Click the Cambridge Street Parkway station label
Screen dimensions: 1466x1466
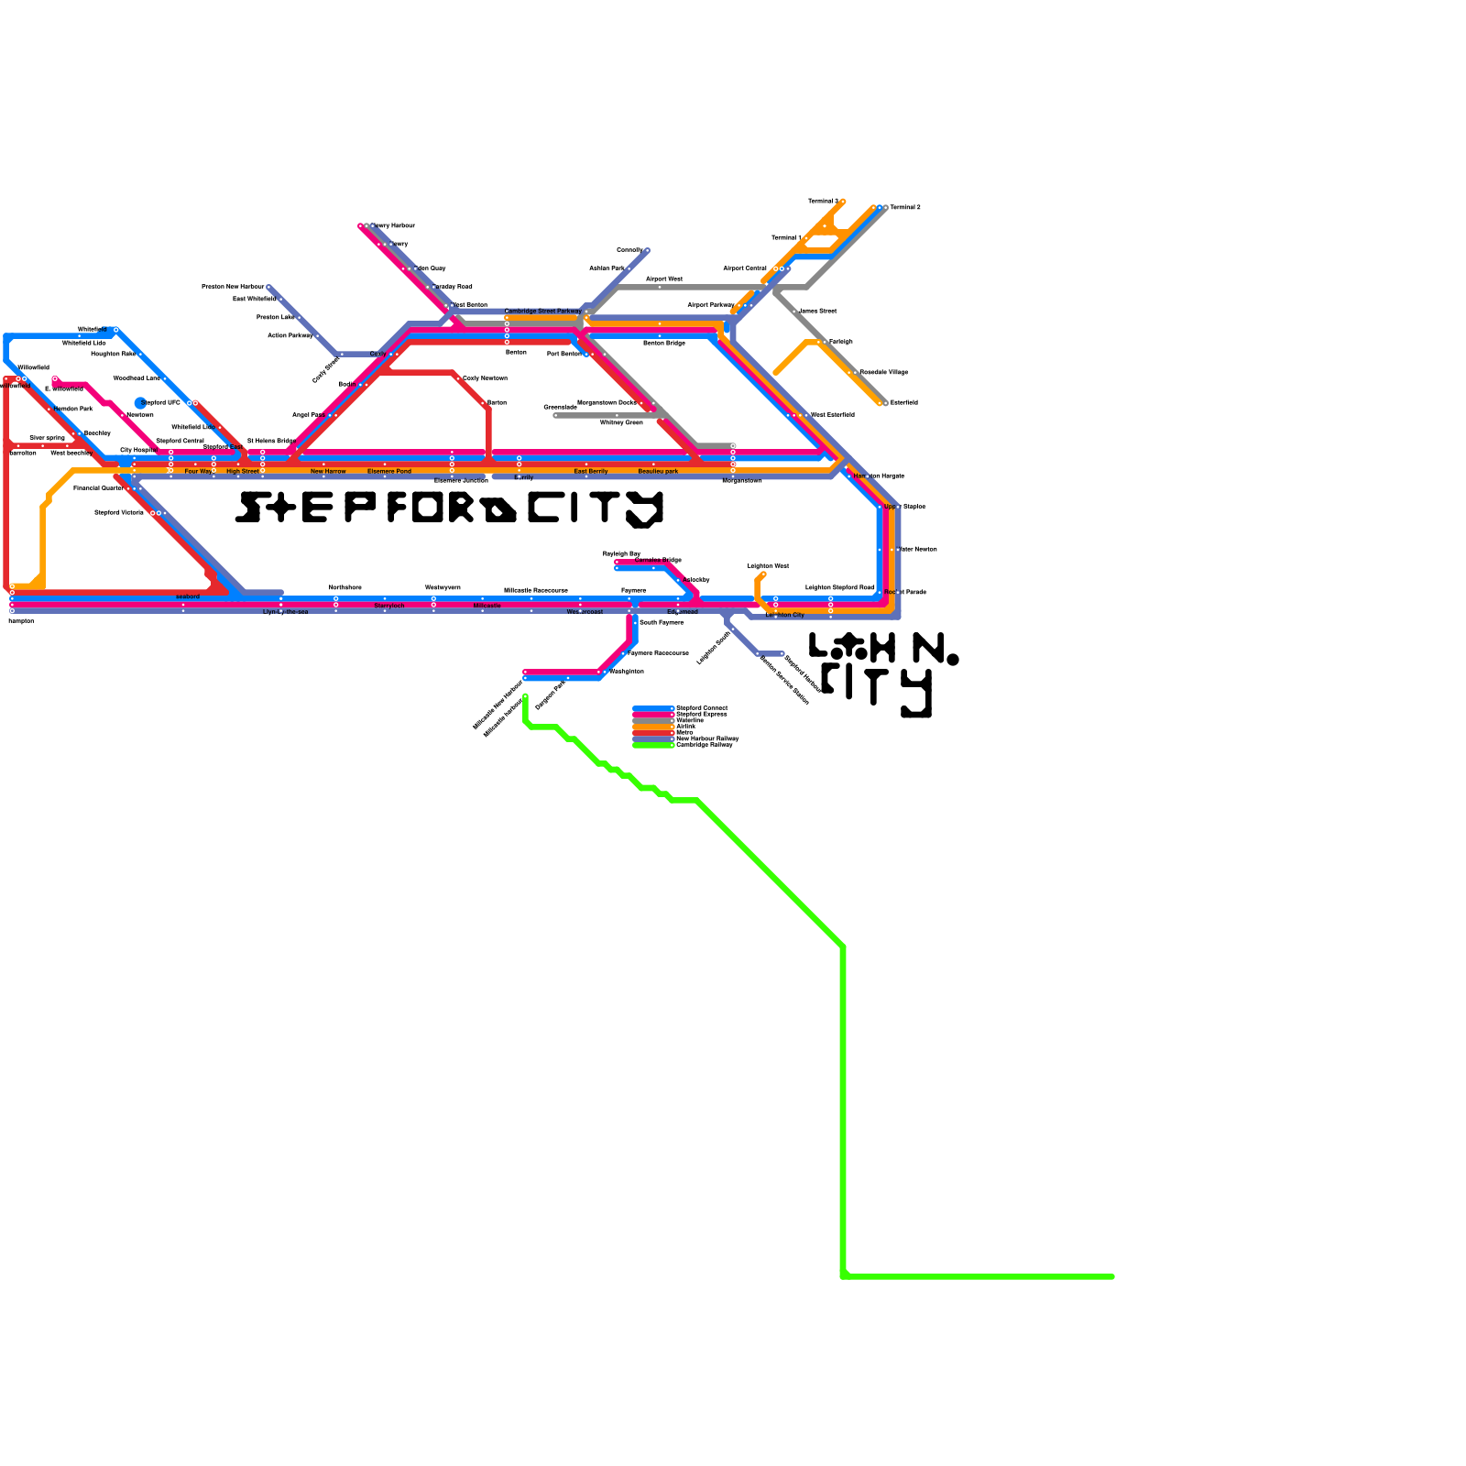[x=542, y=312]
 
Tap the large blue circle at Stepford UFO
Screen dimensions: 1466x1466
[x=140, y=403]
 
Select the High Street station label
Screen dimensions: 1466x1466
[x=242, y=472]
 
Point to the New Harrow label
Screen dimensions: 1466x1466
[x=328, y=472]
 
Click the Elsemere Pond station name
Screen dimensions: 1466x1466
[x=389, y=472]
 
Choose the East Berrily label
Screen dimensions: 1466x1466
[x=591, y=472]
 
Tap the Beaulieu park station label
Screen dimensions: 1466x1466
[x=658, y=472]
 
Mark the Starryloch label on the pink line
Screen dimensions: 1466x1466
[x=389, y=607]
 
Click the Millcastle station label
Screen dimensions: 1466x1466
[x=487, y=607]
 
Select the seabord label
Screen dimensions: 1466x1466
[x=188, y=596]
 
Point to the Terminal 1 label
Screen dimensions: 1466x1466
[x=786, y=238]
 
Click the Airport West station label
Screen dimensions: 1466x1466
[x=664, y=279]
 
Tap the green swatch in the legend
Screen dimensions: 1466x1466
[x=653, y=746]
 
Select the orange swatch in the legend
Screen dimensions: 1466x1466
[x=653, y=727]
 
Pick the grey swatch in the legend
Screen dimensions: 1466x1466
[x=653, y=721]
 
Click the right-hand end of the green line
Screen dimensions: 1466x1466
[x=1112, y=1276]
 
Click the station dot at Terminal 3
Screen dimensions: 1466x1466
[x=843, y=202]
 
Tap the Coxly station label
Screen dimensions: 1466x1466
[x=377, y=354]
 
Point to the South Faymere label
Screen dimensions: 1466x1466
[x=661, y=623]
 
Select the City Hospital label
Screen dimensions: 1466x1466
[x=137, y=451]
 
